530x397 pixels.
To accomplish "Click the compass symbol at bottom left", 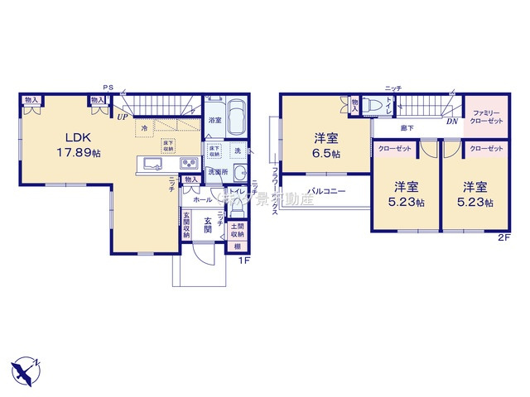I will [x=26, y=367].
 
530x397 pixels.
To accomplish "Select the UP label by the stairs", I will [x=123, y=117].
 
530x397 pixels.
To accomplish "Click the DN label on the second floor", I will [x=452, y=121].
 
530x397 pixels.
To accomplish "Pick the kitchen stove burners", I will [x=189, y=161].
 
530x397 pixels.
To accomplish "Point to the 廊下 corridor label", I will [x=407, y=128].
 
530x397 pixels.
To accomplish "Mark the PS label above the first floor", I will [x=107, y=86].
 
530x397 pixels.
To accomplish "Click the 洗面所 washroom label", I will [x=217, y=171].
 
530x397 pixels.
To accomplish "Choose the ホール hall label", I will [x=201, y=200].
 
